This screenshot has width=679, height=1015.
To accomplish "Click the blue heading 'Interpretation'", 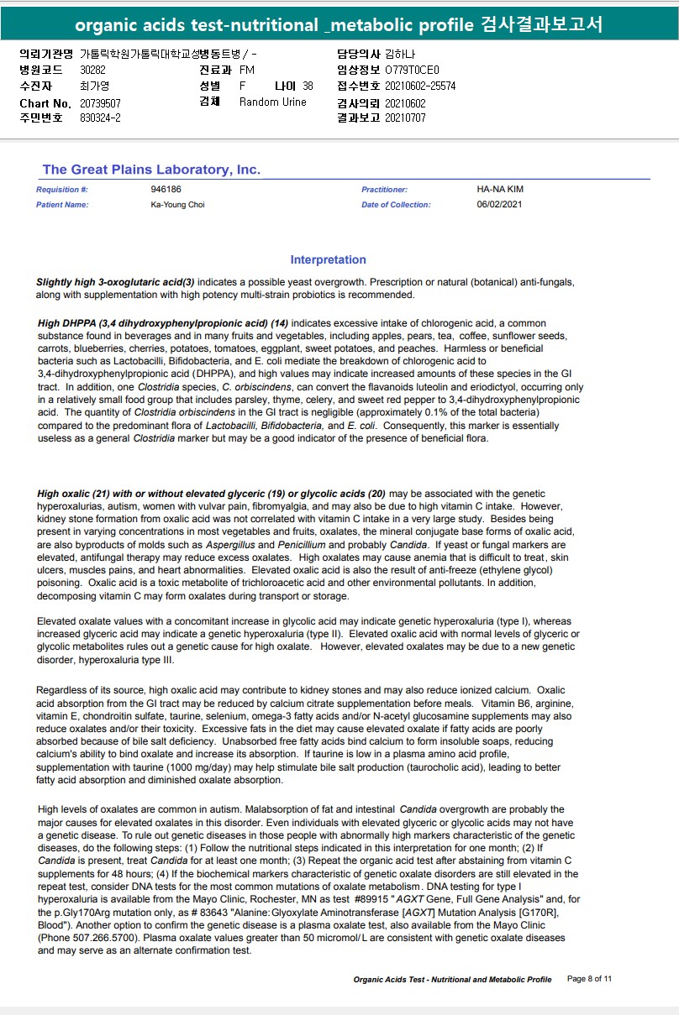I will click(x=328, y=260).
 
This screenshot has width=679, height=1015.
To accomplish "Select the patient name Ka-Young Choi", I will click(x=177, y=205).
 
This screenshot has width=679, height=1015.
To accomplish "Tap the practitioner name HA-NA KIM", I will click(x=499, y=190).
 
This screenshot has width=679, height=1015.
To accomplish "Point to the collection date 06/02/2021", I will click(x=499, y=205).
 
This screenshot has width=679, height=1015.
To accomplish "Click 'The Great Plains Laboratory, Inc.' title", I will click(x=151, y=170).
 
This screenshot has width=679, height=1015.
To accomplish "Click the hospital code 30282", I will click(x=92, y=71).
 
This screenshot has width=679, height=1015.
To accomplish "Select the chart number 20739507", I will click(x=100, y=103).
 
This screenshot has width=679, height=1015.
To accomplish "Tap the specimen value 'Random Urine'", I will click(x=272, y=102).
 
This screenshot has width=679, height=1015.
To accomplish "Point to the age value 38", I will click(x=308, y=86).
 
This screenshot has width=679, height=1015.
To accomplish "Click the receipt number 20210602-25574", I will click(x=420, y=86).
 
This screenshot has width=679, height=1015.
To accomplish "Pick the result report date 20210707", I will click(x=405, y=118).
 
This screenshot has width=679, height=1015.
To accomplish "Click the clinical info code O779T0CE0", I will click(x=412, y=71).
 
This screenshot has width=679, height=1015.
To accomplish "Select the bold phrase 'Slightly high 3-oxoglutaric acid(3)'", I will click(x=115, y=283).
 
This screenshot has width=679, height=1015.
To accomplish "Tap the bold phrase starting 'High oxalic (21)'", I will click(x=211, y=494).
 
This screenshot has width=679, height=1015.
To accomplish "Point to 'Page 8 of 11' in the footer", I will click(x=590, y=979).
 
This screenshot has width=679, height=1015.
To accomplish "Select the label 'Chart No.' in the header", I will click(x=45, y=103).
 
